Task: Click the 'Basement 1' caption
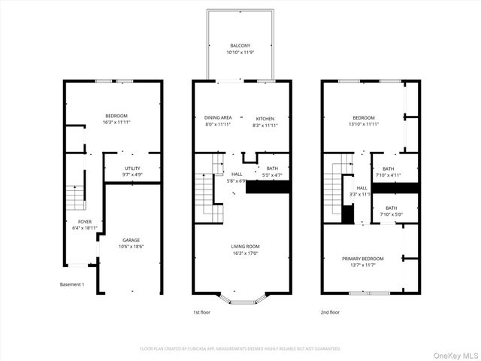[x=72, y=284]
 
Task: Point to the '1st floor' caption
[x=202, y=311]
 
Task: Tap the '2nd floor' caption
[x=330, y=311]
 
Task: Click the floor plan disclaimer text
[x=240, y=349]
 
